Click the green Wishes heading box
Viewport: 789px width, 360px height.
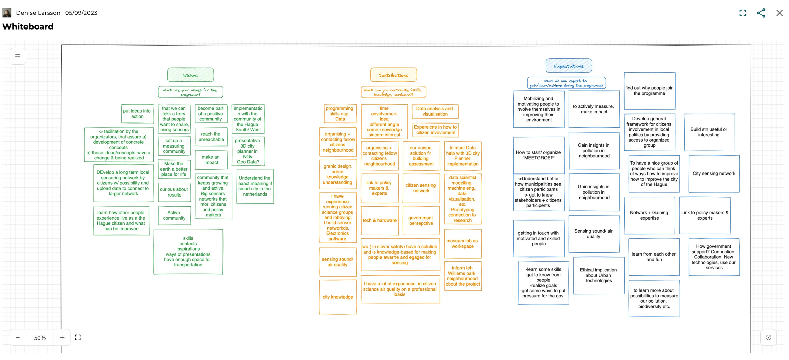(190, 75)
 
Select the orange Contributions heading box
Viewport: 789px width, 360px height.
(393, 75)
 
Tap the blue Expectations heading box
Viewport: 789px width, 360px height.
(569, 66)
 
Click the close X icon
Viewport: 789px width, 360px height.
(779, 13)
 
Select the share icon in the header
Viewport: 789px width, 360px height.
(761, 13)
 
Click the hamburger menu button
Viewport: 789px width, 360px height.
(18, 56)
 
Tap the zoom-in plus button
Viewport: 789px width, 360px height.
(62, 337)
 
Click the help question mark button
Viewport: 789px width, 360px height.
(768, 337)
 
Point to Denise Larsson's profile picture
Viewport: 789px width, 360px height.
(7, 13)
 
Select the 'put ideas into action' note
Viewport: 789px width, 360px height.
(137, 114)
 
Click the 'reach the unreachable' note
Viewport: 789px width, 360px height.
(211, 137)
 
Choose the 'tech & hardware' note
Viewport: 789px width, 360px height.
(379, 220)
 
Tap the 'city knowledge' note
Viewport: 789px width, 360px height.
(338, 297)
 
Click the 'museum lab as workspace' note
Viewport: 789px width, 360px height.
(462, 243)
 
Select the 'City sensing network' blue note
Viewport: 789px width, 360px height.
(714, 174)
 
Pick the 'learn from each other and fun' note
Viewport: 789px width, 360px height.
(654, 257)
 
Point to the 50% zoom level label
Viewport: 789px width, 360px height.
(40, 338)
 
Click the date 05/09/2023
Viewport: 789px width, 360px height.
(81, 13)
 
